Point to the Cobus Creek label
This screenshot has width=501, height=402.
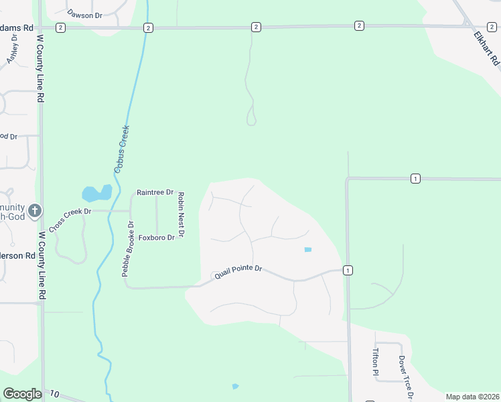point(121,149)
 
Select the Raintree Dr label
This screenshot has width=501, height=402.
point(155,192)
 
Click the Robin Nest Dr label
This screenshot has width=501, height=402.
point(180,214)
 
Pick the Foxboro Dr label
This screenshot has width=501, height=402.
point(156,237)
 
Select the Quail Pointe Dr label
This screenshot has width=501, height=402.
point(237,273)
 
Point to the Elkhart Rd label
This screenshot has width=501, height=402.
point(486,48)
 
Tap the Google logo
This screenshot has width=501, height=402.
point(22,394)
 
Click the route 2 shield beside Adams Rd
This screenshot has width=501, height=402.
point(61,27)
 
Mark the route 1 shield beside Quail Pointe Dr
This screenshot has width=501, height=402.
point(348,270)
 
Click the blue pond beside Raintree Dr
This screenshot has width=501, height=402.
point(97,194)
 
